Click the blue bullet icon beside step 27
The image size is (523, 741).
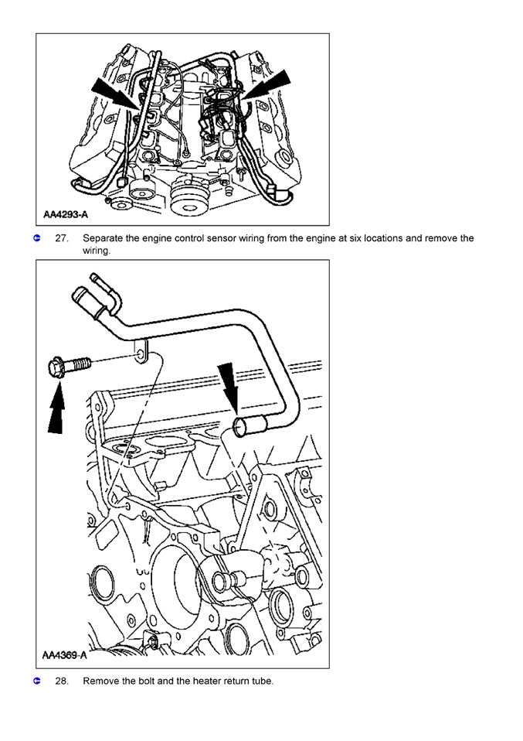coord(36,238)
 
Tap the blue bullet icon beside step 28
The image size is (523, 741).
coord(36,681)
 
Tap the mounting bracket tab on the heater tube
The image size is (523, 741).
coord(141,352)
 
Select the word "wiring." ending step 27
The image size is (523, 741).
coord(97,251)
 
